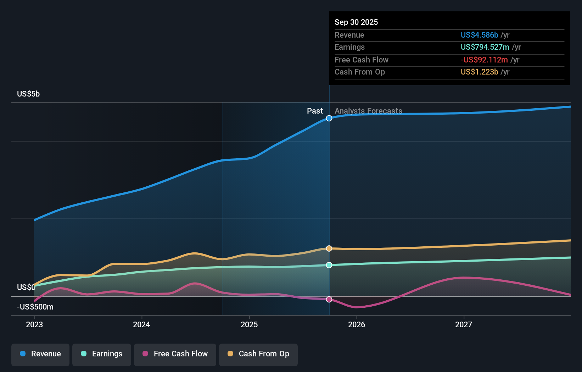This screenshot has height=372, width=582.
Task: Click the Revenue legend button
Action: pos(40,354)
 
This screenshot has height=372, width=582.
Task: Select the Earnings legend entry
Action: pos(102,354)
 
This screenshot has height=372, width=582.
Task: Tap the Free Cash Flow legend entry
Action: pos(175,354)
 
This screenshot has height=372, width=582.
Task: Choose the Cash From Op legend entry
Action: pos(258,354)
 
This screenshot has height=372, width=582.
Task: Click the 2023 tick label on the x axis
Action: pos(34,324)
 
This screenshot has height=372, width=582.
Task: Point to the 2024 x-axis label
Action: pos(141,324)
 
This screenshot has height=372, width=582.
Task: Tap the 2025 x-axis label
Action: pos(249,324)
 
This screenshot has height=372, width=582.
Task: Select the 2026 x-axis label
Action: pos(357,324)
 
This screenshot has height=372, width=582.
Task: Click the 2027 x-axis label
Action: pos(464,324)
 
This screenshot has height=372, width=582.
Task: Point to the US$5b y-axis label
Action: pos(28,94)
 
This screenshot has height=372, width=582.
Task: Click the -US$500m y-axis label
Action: pos(35,307)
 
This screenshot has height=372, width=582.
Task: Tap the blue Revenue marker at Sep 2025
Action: pos(329,118)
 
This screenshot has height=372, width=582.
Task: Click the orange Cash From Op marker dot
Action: pos(329,248)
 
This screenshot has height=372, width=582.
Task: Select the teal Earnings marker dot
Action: pos(329,265)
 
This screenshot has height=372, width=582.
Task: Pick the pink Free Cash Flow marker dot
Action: pos(329,300)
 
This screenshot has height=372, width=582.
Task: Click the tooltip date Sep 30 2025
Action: pos(356,22)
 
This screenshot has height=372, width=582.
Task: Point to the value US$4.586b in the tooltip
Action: pos(479,35)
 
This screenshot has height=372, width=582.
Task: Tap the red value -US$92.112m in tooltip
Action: pos(484,60)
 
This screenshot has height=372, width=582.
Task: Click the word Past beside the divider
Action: pos(315,111)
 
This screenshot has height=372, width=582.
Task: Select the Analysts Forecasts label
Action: pos(368,111)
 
